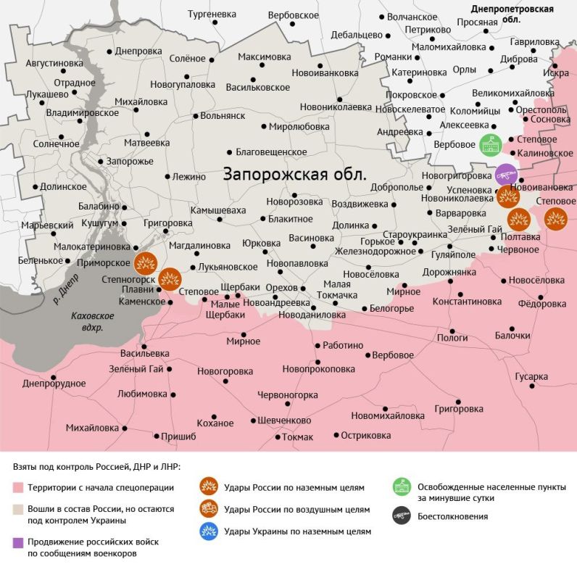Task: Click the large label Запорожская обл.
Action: point(294,175)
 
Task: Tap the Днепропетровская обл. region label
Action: point(512,14)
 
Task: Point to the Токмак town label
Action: point(297,437)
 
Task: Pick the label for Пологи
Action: point(452,337)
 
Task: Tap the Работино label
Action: point(343,346)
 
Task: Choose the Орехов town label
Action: point(281,288)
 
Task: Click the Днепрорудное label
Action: point(54,384)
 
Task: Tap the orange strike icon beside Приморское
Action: point(146,262)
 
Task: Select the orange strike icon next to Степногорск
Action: point(170,278)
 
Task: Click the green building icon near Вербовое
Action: point(490,144)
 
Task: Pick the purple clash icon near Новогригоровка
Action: point(506,175)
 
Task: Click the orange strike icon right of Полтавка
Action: point(555,217)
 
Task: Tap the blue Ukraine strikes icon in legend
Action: point(209,531)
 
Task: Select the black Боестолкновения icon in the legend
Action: point(402,516)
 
